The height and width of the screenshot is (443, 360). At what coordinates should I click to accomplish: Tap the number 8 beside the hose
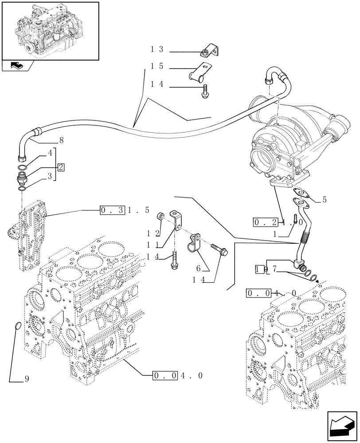coord(61,140)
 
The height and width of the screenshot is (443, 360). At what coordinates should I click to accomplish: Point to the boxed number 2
coord(60,167)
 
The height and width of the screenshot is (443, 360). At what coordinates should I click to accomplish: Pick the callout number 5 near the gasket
coord(324,200)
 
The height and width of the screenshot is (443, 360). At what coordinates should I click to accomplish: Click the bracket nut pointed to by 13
coord(205,53)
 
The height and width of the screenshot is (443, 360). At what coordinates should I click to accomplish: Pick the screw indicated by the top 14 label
coord(206,93)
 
